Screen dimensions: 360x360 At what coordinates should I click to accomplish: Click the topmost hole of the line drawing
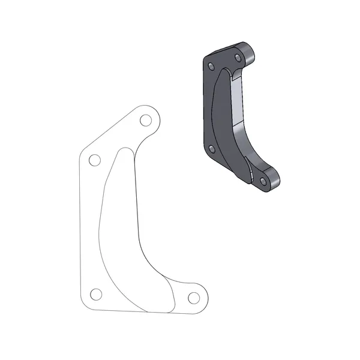tap(145, 121)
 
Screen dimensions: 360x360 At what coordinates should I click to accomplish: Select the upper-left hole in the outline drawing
tap(94, 160)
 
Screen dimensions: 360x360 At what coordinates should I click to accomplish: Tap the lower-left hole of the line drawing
tap(95, 293)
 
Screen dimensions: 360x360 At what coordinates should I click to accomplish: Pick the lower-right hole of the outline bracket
tap(193, 297)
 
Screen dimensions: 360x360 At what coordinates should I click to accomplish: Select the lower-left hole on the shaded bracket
tap(211, 150)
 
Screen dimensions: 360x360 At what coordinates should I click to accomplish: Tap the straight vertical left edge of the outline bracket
tap(80, 228)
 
